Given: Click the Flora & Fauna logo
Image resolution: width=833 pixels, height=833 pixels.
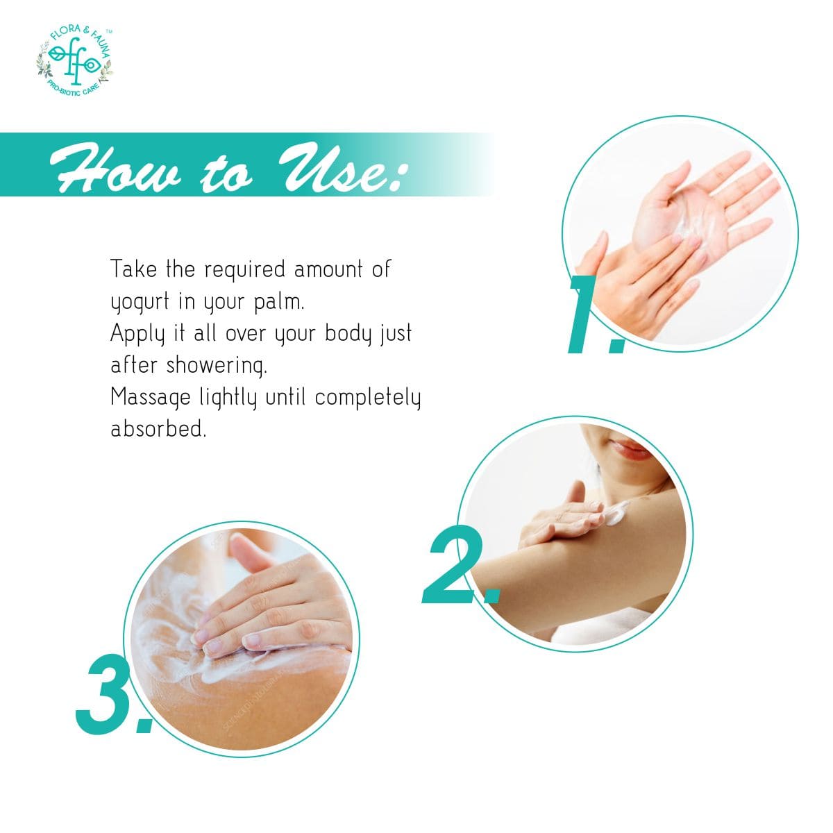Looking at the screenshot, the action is (x=74, y=60).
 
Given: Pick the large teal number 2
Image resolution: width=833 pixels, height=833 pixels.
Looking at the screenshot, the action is (x=460, y=564).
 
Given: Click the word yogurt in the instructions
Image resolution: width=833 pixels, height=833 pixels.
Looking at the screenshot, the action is (x=140, y=302).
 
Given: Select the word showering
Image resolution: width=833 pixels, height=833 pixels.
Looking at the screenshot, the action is (x=217, y=366).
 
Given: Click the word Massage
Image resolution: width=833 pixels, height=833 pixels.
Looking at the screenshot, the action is (x=151, y=398).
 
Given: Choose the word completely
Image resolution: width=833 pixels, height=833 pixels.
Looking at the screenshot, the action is (x=367, y=398).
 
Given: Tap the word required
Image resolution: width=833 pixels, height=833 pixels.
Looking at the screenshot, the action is (x=244, y=270).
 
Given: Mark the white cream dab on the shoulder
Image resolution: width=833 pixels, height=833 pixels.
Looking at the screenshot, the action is (x=616, y=514).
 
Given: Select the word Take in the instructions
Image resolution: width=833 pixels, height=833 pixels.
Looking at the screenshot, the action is (x=133, y=269).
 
